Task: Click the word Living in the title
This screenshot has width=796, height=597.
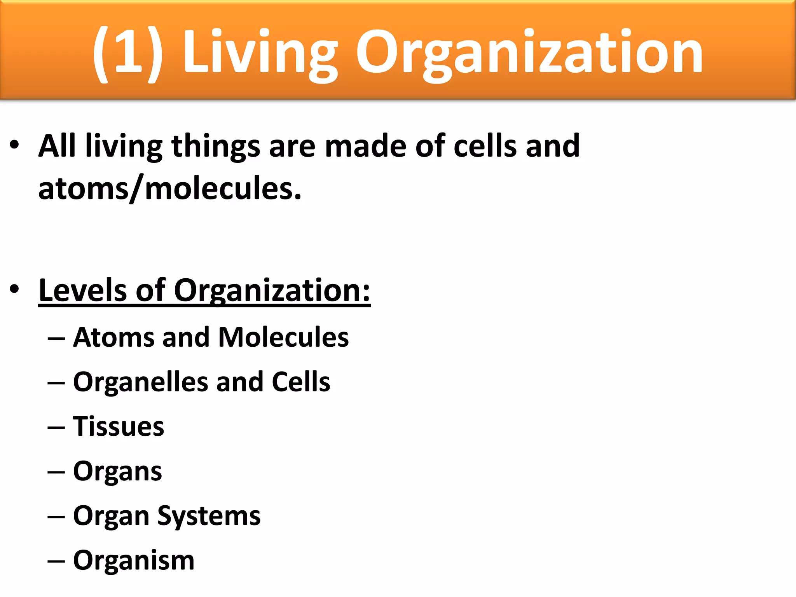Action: [260, 52]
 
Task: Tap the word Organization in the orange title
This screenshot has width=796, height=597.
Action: [529, 52]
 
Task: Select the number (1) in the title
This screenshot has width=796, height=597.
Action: [127, 52]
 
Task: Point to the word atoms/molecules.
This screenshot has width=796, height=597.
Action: [170, 189]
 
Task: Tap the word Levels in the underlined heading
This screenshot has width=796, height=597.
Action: [82, 290]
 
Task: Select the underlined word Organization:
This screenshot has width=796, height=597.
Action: [272, 291]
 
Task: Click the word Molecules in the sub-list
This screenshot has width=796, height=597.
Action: [283, 337]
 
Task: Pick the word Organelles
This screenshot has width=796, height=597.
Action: [140, 382]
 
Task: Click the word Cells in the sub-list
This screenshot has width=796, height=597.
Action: [301, 382]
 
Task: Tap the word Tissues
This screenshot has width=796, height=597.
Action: [119, 426]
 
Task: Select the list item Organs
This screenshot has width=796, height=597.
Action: [117, 472]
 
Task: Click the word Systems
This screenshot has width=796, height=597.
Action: [209, 517]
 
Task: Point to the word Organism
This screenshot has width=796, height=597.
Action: [134, 561]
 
